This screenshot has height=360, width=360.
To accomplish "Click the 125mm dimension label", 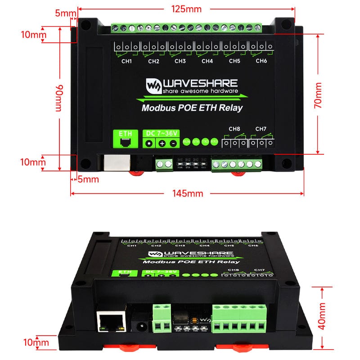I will (x=186, y=9).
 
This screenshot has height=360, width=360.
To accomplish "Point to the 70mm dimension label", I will (x=318, y=95).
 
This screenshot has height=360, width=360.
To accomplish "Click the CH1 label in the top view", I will (x=127, y=61).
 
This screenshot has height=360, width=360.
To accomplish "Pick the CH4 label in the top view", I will (x=207, y=61).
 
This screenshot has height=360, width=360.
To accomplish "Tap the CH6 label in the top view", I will (x=261, y=61).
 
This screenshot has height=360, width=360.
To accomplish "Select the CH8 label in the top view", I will (x=234, y=129).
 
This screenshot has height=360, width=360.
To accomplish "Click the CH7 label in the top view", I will (x=261, y=129).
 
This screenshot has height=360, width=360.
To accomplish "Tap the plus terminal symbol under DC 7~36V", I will (x=162, y=144).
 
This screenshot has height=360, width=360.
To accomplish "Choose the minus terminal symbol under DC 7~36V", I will (x=173, y=144).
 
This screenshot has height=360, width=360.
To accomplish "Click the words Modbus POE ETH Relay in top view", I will (x=192, y=108).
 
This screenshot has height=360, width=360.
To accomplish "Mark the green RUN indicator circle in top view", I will (x=187, y=141).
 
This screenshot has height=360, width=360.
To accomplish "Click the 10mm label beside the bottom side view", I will (x=36, y=342).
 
